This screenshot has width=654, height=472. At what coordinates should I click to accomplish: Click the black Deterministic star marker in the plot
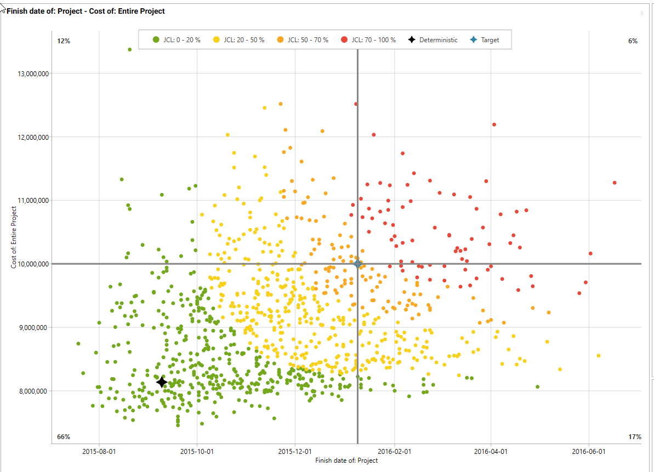[162, 382]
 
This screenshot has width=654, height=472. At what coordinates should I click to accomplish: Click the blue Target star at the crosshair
[357, 264]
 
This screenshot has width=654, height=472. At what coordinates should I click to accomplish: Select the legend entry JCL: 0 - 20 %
[177, 40]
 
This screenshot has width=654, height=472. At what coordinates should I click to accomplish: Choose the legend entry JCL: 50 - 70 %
[303, 40]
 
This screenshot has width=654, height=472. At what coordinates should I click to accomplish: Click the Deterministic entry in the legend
[433, 40]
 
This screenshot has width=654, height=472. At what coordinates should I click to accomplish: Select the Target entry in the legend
[485, 40]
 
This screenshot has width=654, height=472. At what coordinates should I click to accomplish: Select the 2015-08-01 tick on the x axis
[99, 452]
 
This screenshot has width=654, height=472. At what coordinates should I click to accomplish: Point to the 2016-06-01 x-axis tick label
[589, 452]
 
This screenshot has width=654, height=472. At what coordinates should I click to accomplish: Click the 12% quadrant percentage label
[64, 41]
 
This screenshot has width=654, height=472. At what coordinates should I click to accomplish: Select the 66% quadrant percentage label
[64, 437]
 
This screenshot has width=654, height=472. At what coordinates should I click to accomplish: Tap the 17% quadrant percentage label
[635, 437]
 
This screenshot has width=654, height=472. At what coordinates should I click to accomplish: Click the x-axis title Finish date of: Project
[346, 460]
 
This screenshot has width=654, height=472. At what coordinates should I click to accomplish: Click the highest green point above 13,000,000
[130, 49]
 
